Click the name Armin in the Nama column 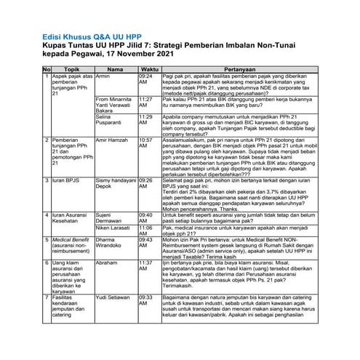[103, 76]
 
